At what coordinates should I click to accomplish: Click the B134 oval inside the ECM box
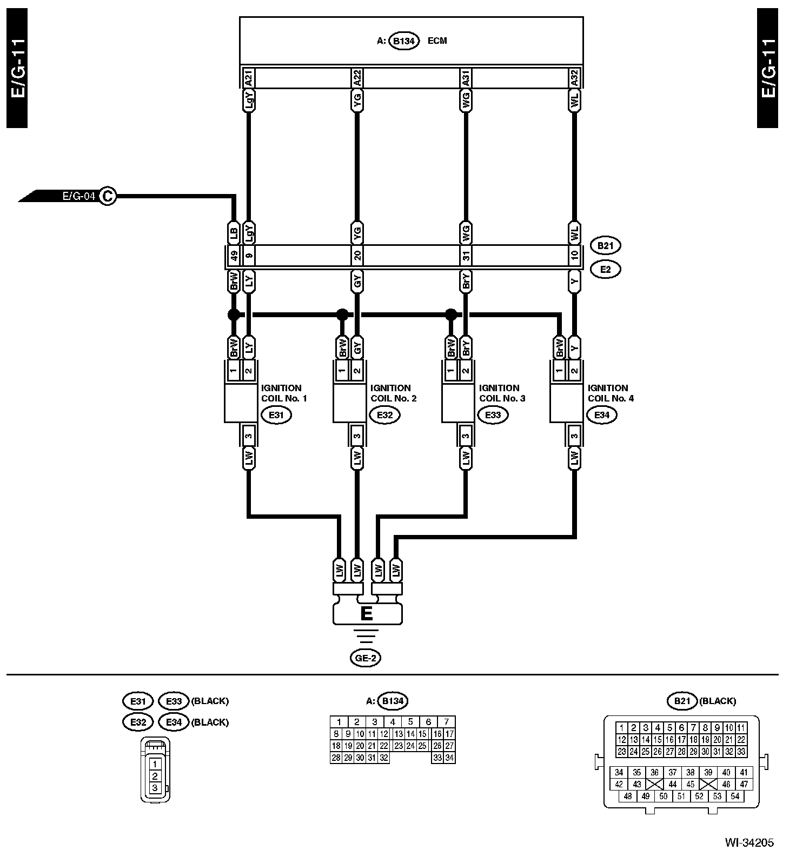pyautogui.click(x=404, y=41)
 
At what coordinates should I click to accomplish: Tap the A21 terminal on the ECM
pyautogui.click(x=249, y=78)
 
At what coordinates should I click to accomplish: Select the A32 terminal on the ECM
pyautogui.click(x=574, y=78)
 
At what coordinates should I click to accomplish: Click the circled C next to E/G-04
pyautogui.click(x=108, y=196)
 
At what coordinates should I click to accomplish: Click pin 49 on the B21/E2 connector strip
pyautogui.click(x=234, y=256)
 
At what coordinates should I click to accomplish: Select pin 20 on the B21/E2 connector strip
pyautogui.click(x=357, y=256)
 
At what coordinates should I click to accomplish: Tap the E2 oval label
pyautogui.click(x=605, y=269)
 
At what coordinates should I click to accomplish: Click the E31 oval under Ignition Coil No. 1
pyautogui.click(x=276, y=415)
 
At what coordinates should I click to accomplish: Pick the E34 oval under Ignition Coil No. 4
pyautogui.click(x=602, y=415)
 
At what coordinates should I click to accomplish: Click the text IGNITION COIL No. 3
pyautogui.click(x=499, y=393)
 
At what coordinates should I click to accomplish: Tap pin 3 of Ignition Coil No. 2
pyautogui.click(x=357, y=435)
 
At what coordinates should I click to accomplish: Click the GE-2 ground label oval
pyautogui.click(x=365, y=658)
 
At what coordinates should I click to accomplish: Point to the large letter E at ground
pyautogui.click(x=366, y=614)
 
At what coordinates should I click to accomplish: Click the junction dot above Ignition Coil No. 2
pyautogui.click(x=342, y=314)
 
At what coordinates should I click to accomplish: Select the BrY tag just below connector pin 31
pyautogui.click(x=466, y=282)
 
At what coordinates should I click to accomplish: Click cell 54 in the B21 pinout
pyautogui.click(x=735, y=796)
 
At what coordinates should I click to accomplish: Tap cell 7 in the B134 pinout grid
pyautogui.click(x=446, y=722)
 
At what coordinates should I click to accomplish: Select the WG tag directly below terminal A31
pyautogui.click(x=466, y=101)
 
